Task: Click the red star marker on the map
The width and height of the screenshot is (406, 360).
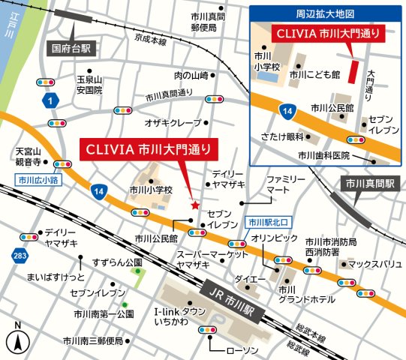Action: point(196,204)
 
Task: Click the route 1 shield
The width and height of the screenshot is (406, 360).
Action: point(50,99)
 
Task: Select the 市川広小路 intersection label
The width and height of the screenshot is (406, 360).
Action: point(39,180)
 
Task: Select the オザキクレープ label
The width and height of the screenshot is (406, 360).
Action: point(173,121)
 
